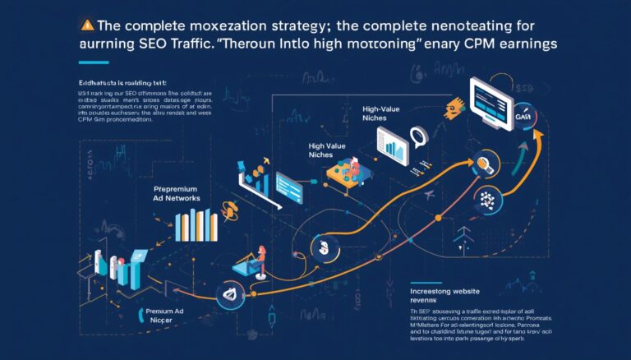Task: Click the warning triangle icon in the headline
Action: [x=88, y=24]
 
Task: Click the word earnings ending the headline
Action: [x=523, y=44]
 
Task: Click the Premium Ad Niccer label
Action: [x=164, y=317]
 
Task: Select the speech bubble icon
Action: [x=420, y=136]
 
